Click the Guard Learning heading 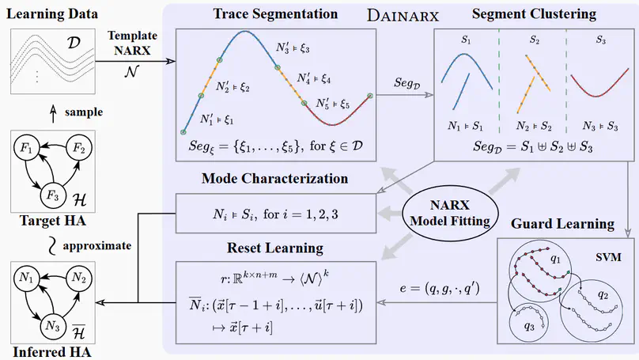(563, 225)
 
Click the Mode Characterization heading (274, 178)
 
